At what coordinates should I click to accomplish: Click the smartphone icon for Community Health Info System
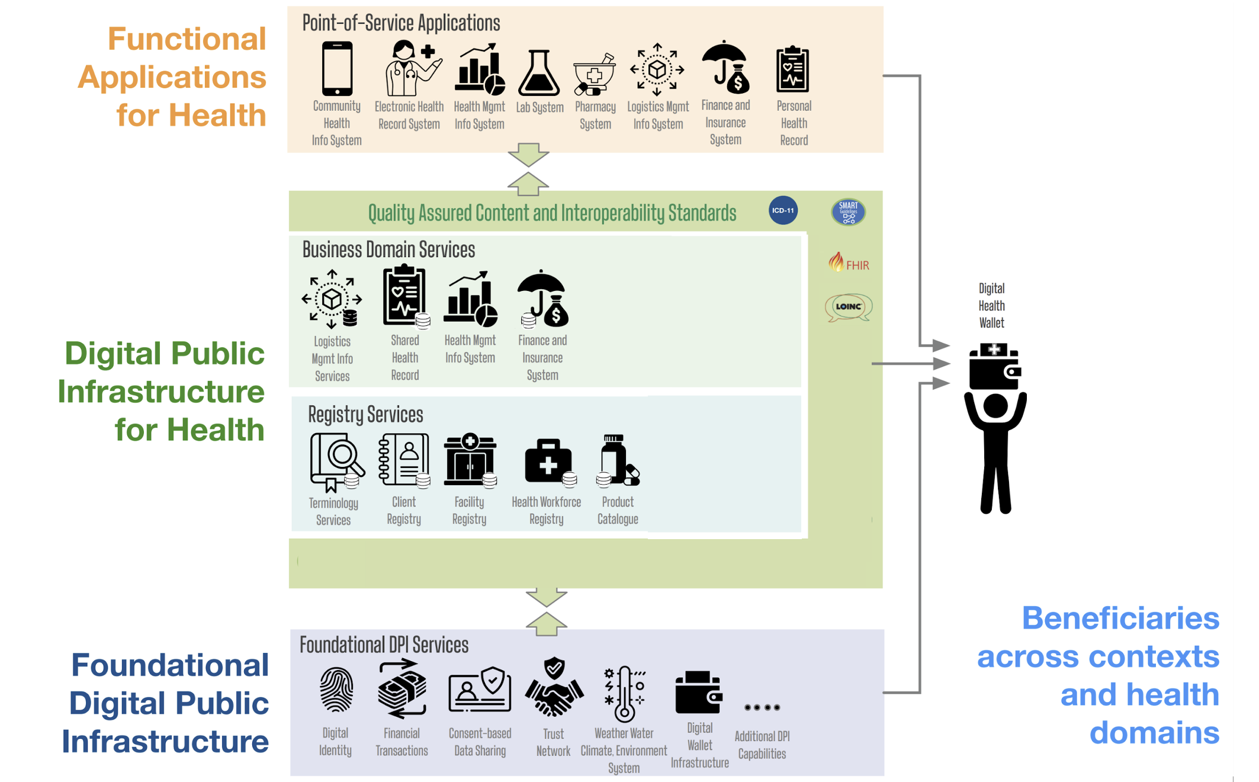point(337,69)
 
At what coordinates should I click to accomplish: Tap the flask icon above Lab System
point(538,73)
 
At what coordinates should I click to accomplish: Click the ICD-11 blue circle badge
point(783,210)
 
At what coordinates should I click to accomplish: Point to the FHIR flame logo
point(836,262)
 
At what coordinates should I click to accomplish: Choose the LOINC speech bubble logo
point(848,307)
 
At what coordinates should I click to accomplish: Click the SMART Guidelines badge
point(848,211)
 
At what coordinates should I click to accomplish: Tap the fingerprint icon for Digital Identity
point(336,690)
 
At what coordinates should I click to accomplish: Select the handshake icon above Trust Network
point(554,689)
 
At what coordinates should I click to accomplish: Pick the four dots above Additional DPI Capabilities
point(762,707)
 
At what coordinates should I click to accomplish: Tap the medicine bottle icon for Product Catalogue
point(617,460)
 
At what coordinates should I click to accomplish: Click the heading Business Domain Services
point(388,250)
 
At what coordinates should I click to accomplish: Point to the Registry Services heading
point(365,414)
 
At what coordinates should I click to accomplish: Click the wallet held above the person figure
point(994,367)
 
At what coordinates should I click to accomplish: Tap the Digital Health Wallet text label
point(991,306)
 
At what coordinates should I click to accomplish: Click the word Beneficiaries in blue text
point(1120,618)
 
